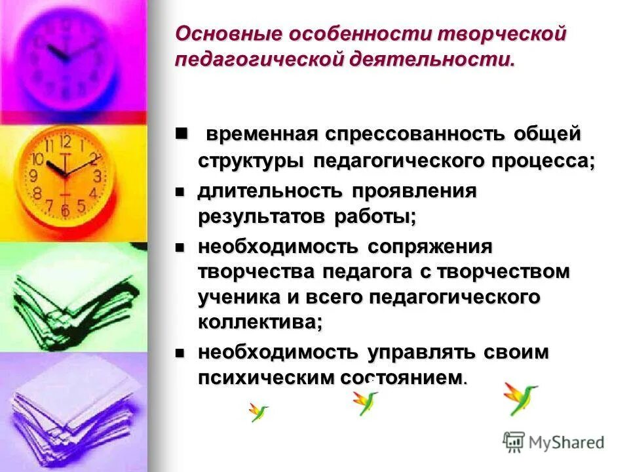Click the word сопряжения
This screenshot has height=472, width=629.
coord(430,247)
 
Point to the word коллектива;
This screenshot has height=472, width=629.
coord(261,321)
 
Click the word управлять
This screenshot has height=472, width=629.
coord(427,352)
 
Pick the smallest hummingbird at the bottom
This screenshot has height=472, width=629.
coord(257,412)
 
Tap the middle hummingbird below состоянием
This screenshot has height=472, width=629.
coord(364,401)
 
